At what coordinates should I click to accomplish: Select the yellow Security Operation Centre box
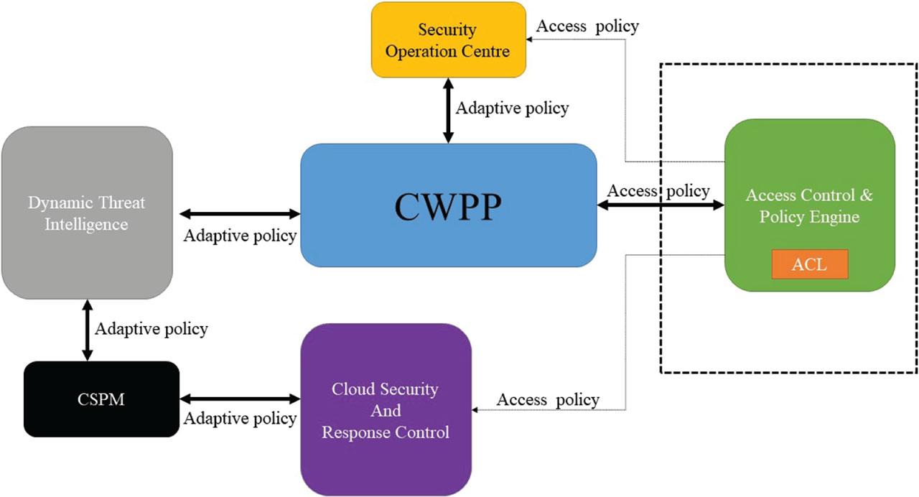(x=449, y=40)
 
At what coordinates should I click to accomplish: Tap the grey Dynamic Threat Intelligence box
(x=87, y=213)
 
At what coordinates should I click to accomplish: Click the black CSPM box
(x=101, y=399)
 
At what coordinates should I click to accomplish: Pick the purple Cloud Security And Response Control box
(x=386, y=409)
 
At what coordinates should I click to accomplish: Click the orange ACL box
(x=809, y=264)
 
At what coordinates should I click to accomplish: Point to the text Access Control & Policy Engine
(x=809, y=205)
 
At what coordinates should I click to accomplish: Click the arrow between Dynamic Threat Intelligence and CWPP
(x=240, y=213)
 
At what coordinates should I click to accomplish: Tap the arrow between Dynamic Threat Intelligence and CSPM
(x=88, y=330)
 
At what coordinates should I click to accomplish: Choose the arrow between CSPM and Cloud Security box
(x=240, y=399)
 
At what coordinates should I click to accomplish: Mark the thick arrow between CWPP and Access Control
(x=661, y=205)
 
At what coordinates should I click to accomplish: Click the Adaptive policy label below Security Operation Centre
(x=512, y=108)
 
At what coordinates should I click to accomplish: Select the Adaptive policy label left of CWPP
(x=240, y=236)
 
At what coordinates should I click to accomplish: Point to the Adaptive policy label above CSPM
(x=151, y=329)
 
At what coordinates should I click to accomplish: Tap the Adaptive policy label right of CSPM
(x=240, y=418)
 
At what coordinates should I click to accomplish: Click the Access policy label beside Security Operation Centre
(x=587, y=27)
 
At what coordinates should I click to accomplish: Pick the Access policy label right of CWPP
(x=658, y=191)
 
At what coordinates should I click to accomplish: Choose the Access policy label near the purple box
(x=548, y=400)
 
